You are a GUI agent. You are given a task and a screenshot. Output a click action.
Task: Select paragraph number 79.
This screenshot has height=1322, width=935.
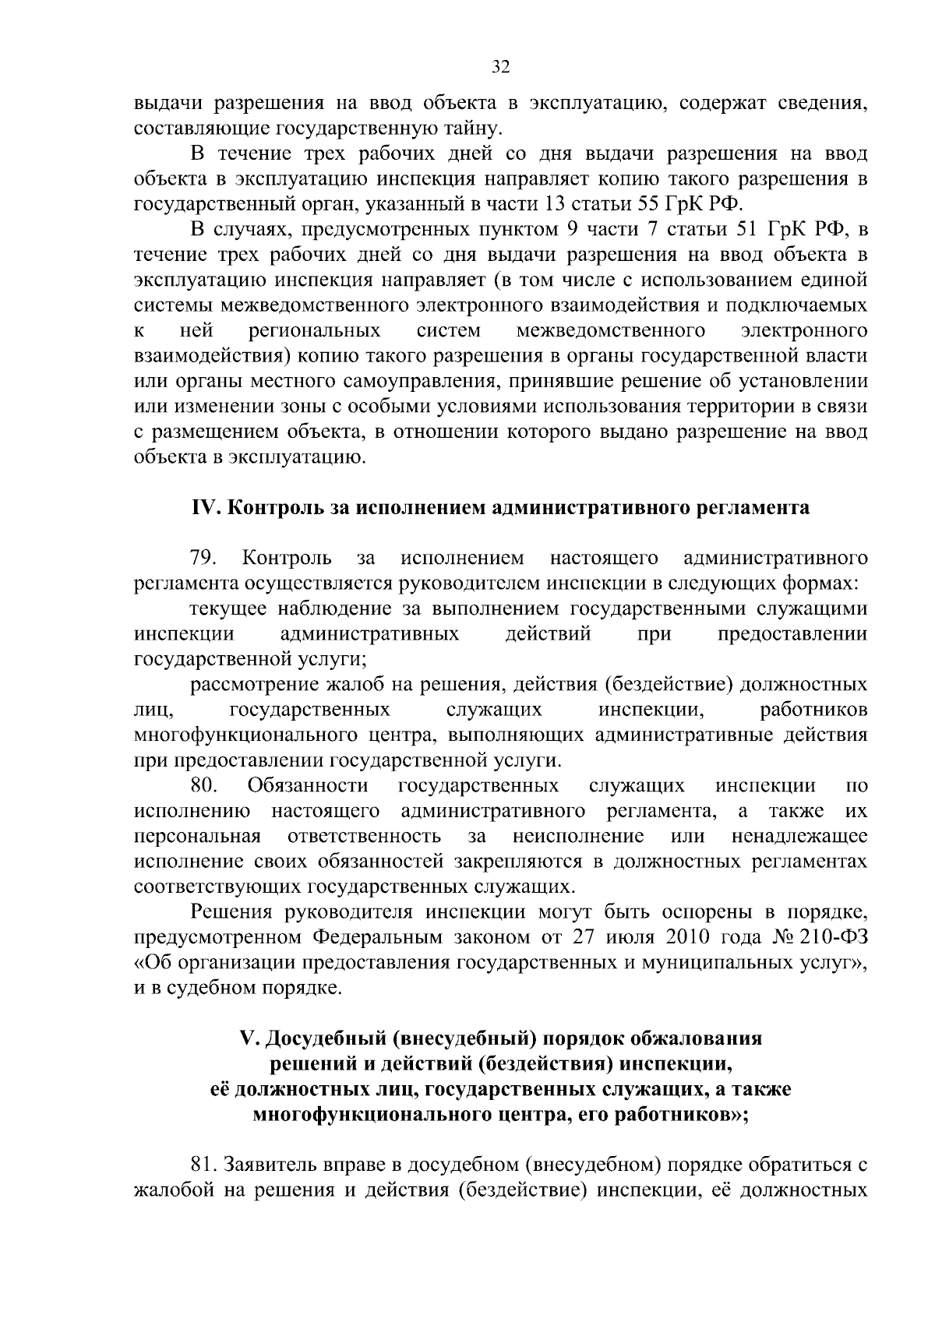coord(203,558)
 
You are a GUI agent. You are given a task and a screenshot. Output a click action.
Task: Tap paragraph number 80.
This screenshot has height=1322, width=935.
coord(203,785)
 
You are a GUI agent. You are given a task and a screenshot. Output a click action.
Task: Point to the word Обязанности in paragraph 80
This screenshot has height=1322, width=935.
coord(307,785)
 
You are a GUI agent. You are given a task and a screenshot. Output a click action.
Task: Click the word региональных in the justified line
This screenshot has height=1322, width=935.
coord(314,331)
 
